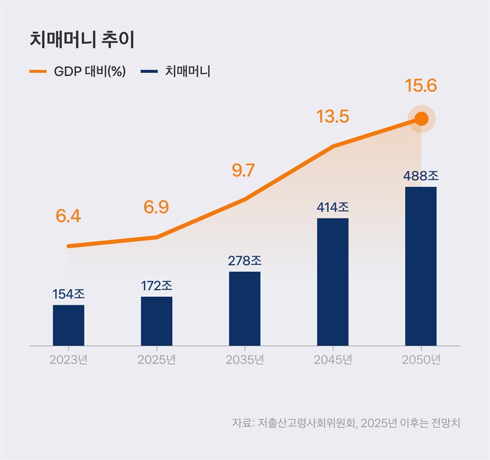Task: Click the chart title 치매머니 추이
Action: (82, 40)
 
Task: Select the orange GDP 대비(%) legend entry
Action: (78, 71)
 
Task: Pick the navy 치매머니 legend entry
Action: (176, 71)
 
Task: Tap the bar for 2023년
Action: (68, 325)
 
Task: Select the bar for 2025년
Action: (156, 321)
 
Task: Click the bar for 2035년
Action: (244, 309)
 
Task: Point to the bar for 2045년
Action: (333, 282)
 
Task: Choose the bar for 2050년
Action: (421, 266)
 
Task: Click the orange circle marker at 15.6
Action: (421, 119)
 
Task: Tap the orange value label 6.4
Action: (68, 217)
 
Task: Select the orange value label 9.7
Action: (243, 171)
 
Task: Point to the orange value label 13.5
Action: (333, 117)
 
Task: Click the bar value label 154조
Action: (68, 294)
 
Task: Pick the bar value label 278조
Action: (244, 261)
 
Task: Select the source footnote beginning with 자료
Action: (345, 423)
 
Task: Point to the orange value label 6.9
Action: (156, 207)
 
